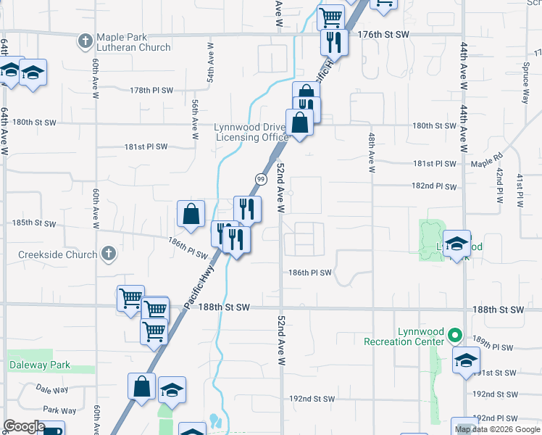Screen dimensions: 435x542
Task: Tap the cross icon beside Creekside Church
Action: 108,254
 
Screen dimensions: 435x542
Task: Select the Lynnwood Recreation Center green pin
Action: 455,335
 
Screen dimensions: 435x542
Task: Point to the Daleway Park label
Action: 40,365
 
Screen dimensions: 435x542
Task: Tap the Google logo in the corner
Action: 23,426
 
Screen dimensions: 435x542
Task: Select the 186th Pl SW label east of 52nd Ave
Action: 310,273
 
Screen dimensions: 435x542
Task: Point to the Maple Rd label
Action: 486,159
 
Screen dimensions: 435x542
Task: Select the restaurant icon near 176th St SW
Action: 333,42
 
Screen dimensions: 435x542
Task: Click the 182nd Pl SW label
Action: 434,186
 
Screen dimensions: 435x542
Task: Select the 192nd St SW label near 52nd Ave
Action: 312,399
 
